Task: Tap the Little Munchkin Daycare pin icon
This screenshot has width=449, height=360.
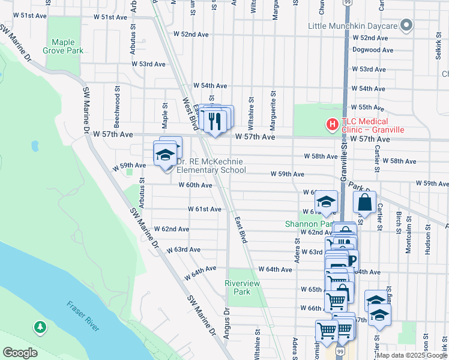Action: click(406, 26)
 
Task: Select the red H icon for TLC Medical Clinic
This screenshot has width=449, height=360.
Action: click(331, 125)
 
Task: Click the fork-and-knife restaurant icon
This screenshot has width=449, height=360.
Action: click(214, 121)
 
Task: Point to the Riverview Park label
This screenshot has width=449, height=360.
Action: click(237, 287)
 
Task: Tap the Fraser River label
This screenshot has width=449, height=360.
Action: click(83, 314)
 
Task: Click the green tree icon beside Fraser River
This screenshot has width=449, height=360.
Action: click(40, 327)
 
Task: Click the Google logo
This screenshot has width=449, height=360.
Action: click(20, 353)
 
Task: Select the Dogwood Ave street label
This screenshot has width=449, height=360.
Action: click(373, 50)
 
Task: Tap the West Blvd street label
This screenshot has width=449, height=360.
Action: click(190, 114)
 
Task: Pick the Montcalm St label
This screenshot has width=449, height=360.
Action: click(408, 239)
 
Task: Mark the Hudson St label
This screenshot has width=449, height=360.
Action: click(427, 239)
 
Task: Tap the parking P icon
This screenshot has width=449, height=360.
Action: click(351, 260)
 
